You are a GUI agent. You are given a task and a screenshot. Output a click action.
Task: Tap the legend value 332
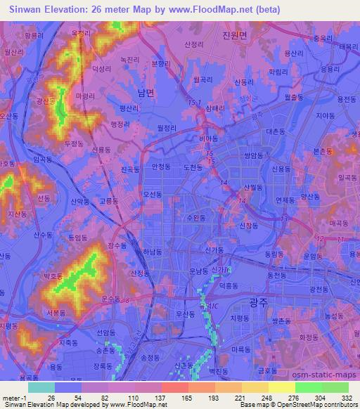pos(347,396)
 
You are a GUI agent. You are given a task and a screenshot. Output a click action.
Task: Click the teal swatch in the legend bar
pos(41,387)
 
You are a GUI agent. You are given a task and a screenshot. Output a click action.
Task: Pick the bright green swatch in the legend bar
pos(307,387)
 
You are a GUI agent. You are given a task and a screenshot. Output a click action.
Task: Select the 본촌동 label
pos(323,151)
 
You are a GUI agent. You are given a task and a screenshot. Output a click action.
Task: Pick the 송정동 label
pos(151,358)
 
